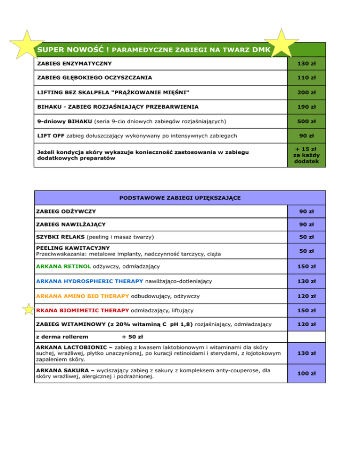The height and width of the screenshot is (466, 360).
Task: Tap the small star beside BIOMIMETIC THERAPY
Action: point(29,310)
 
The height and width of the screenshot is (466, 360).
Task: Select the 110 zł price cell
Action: point(306,77)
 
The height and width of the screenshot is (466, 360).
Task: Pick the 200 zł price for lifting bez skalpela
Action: point(306,93)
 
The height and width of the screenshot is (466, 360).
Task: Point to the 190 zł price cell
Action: point(306,107)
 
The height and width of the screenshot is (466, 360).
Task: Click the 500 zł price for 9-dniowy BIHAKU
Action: point(306,122)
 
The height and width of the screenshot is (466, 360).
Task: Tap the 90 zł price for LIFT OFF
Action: point(306,136)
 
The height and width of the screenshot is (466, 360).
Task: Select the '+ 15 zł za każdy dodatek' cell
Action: point(306,155)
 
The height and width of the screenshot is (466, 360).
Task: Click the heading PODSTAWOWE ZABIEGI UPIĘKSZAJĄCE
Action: point(180,198)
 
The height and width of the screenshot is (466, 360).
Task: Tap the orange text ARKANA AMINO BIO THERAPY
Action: point(82,296)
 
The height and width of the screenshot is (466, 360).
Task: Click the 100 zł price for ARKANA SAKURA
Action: point(306,374)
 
